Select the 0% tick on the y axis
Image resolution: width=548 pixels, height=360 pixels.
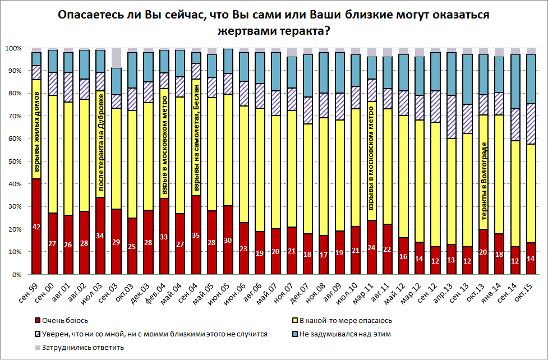tap(16, 275)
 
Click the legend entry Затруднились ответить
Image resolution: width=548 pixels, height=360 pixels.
tap(79, 347)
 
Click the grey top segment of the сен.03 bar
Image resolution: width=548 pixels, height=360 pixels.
tap(116, 58)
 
